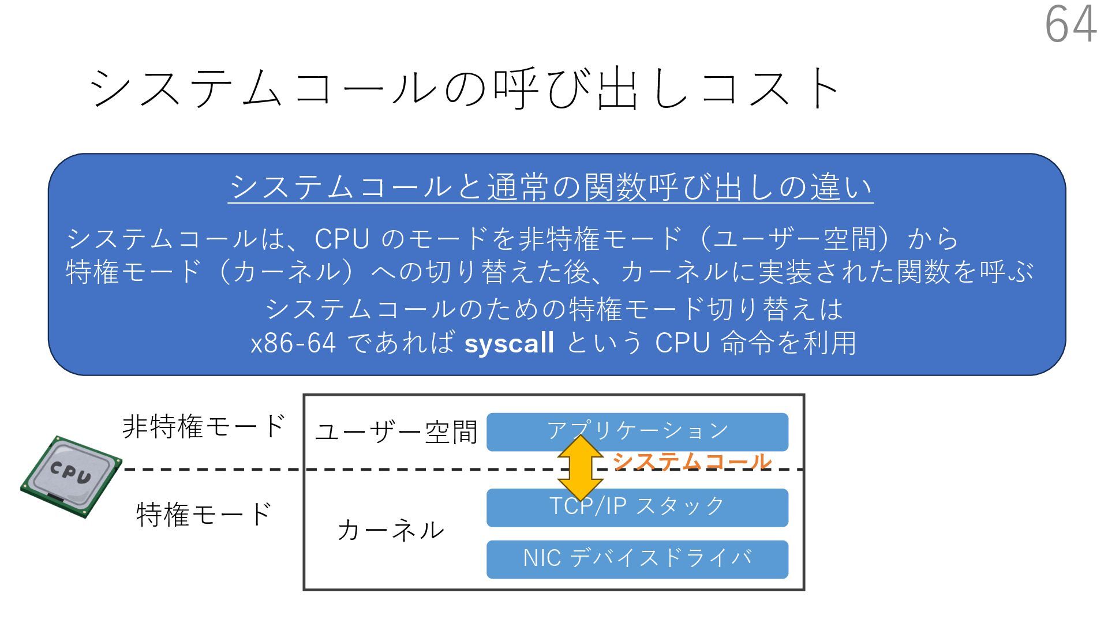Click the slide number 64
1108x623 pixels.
[1070, 24]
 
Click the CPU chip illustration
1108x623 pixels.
[70, 477]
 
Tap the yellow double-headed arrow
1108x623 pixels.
[580, 468]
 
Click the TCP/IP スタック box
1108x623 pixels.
[637, 508]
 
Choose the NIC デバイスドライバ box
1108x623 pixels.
[637, 559]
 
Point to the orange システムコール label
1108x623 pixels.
[691, 461]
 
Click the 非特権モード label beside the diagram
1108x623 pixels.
[204, 426]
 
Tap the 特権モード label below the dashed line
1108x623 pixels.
[204, 514]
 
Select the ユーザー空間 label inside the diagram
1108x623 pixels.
[396, 433]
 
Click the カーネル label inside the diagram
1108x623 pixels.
[391, 530]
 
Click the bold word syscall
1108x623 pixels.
[509, 343]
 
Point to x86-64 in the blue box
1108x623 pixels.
[293, 343]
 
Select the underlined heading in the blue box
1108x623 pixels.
[551, 187]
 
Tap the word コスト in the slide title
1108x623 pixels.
[770, 88]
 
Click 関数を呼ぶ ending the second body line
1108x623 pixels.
[965, 272]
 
